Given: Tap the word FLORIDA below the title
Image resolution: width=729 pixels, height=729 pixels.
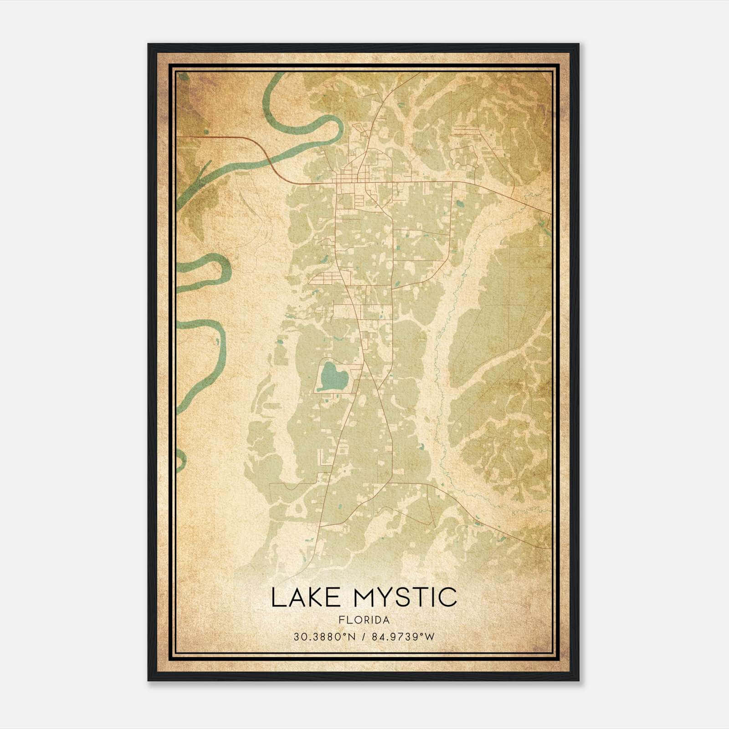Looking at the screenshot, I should pos(364,620).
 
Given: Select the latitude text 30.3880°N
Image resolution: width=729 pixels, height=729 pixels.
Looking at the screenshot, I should pos(324,637).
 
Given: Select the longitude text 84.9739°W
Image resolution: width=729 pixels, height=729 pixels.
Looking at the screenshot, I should pos(403,637).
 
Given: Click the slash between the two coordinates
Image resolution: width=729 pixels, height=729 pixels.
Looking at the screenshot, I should pos(364,637).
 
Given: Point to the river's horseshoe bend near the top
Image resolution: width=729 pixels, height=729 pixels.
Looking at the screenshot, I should pos(337,128).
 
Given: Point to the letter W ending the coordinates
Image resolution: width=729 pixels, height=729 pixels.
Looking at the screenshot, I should pos(430,637).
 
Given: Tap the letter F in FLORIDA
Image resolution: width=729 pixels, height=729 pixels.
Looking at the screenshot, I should pos(341,620).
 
